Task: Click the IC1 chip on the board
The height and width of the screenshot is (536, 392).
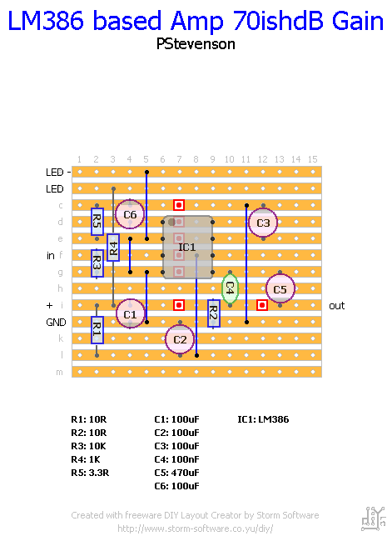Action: tap(187, 247)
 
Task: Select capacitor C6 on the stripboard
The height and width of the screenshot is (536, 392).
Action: tap(130, 214)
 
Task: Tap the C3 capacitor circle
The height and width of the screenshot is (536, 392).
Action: tap(263, 223)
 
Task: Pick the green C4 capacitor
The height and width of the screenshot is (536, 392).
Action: tap(231, 288)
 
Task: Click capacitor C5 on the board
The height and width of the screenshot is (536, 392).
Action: tap(280, 289)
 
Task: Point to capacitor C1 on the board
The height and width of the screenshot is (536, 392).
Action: tap(130, 313)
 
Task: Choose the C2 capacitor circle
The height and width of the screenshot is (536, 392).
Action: tap(180, 338)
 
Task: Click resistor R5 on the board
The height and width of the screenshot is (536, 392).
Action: tap(97, 222)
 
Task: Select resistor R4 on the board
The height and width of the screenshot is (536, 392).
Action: tap(113, 247)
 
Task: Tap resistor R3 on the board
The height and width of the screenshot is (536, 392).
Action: tap(97, 263)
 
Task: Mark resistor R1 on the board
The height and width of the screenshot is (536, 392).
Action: tap(97, 329)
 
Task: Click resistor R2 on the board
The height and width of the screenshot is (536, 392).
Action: tap(213, 313)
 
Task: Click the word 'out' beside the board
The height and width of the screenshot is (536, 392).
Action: tap(336, 306)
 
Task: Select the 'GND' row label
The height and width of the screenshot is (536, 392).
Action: tap(55, 322)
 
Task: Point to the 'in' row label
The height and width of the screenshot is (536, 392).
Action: tap(51, 255)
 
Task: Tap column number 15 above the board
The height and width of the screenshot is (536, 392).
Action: tap(312, 159)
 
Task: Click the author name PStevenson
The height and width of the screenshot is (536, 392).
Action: tap(196, 43)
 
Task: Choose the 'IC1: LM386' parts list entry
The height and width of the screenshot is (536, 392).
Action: tap(263, 419)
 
